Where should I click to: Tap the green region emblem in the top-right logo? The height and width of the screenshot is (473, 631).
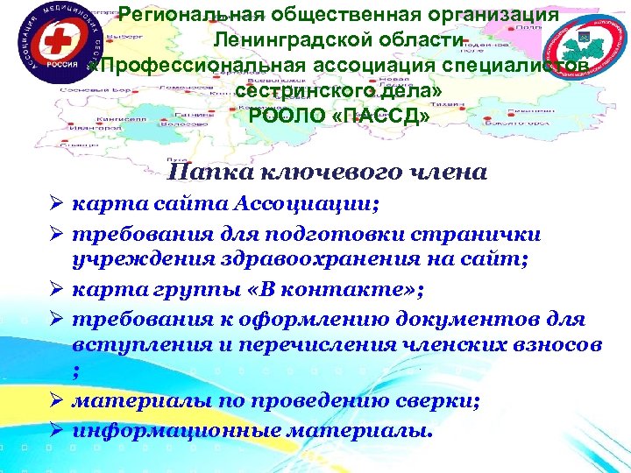click(585, 42)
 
